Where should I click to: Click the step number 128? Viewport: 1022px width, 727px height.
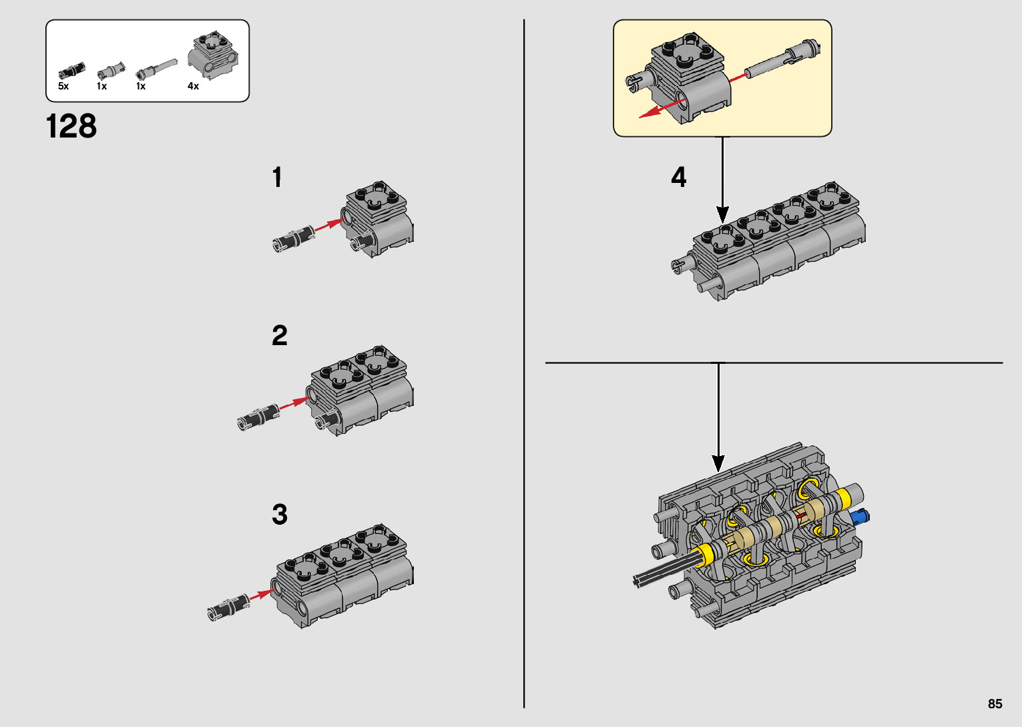click(x=71, y=126)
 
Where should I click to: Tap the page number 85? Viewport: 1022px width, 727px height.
click(x=995, y=704)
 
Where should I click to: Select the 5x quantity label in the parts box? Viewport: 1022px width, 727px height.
click(x=63, y=86)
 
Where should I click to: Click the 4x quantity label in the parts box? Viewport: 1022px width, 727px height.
click(x=194, y=86)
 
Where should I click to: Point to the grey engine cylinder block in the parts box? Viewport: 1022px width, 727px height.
click(x=213, y=55)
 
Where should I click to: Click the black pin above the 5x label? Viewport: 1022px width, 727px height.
click(x=71, y=70)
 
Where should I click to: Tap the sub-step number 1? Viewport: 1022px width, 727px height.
click(x=277, y=177)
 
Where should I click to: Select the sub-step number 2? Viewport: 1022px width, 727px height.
click(x=280, y=335)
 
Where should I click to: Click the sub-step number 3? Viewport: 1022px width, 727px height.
click(x=280, y=514)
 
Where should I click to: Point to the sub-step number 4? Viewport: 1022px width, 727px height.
click(x=678, y=177)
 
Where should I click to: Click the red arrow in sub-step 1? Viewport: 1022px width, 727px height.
click(x=329, y=224)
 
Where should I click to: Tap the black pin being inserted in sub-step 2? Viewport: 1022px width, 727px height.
click(x=259, y=417)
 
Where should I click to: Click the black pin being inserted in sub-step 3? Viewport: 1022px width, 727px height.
click(x=228, y=608)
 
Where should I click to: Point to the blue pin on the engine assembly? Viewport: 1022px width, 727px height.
click(x=860, y=517)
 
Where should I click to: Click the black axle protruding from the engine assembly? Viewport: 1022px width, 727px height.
click(x=667, y=572)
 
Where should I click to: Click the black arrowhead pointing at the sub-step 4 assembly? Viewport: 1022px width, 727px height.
click(x=722, y=214)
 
